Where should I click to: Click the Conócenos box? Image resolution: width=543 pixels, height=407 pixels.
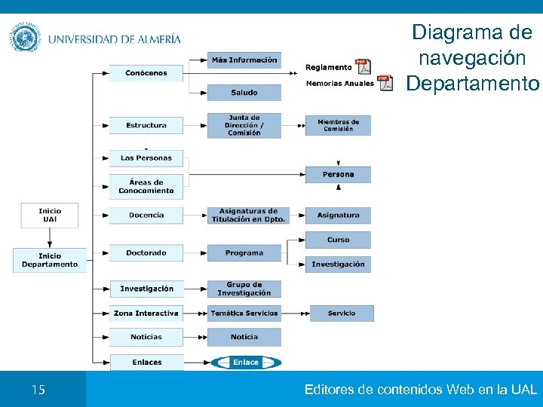(x=146, y=73)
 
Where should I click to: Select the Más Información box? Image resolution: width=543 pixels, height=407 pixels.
(x=244, y=60)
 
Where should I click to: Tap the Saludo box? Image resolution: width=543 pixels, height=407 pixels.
(x=244, y=93)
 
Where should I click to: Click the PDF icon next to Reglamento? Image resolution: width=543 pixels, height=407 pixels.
(x=364, y=66)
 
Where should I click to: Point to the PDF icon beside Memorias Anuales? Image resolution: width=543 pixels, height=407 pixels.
(x=385, y=83)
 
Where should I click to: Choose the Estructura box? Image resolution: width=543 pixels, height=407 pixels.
(x=146, y=125)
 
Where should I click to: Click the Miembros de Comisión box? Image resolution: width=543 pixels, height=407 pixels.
(x=338, y=125)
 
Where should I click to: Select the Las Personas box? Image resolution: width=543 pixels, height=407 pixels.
(x=146, y=158)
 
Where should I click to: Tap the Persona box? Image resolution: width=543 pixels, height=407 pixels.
(x=338, y=174)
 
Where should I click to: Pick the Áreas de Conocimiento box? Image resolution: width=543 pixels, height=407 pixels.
(x=146, y=186)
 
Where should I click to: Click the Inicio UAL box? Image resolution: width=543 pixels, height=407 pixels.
(x=50, y=215)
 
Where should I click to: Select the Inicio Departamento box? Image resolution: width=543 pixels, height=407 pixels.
(x=50, y=260)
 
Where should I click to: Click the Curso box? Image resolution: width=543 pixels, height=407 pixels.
(x=338, y=240)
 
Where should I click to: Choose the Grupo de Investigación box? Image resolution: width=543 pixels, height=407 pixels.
(x=244, y=289)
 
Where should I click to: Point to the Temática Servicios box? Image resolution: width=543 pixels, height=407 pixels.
(x=244, y=313)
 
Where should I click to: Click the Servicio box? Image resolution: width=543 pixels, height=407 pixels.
(x=341, y=313)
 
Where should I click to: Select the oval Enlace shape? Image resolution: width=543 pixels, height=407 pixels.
(x=246, y=363)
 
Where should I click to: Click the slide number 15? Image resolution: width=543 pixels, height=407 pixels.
(x=38, y=390)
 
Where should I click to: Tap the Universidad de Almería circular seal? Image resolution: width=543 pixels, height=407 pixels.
(x=25, y=38)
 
